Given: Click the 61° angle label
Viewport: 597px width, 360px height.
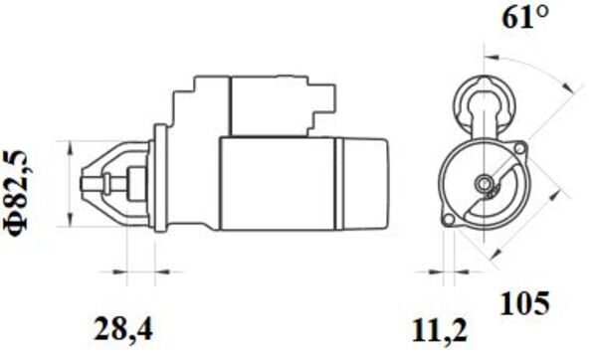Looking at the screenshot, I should (525, 17).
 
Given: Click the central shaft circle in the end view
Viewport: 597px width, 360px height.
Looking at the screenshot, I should (485, 183).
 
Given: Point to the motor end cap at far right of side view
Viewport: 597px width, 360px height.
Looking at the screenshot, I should (365, 183).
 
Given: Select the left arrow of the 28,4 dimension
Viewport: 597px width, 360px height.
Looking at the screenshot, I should (106, 270).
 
